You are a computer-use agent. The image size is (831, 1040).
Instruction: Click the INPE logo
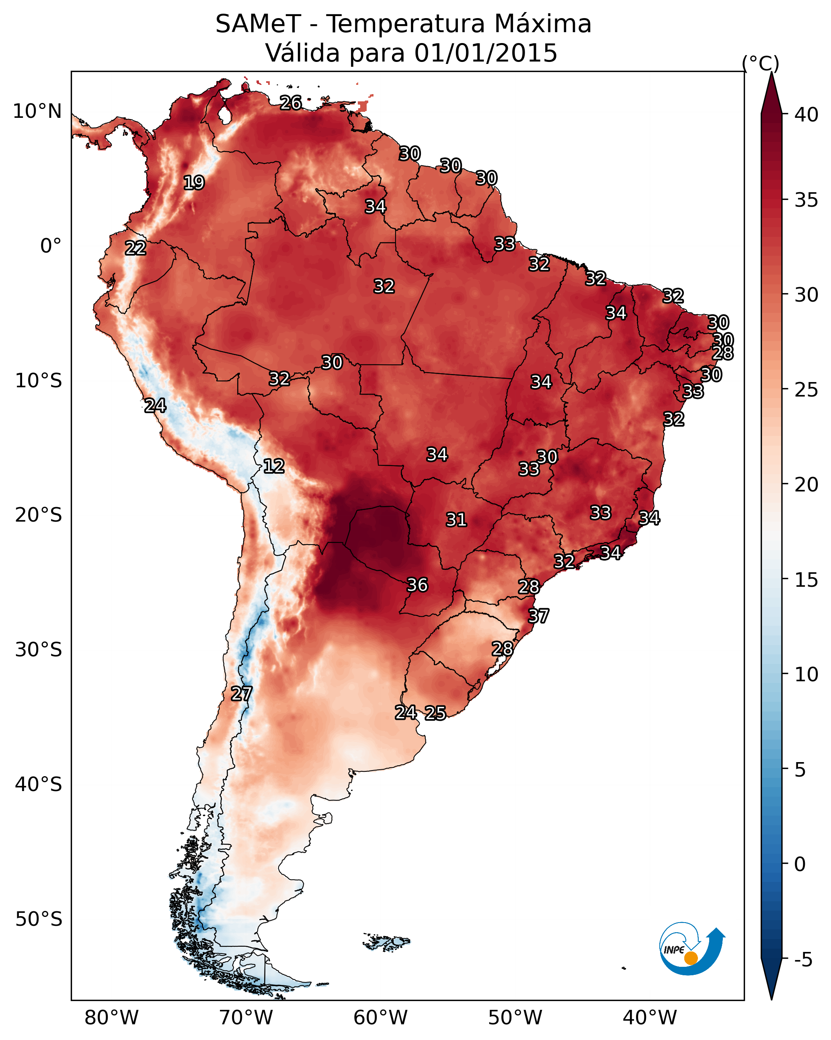(x=691, y=948)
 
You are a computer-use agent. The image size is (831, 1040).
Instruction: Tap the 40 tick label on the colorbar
(x=806, y=115)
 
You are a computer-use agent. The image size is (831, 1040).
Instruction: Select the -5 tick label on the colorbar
(x=803, y=960)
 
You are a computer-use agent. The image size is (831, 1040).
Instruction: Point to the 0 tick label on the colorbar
(x=800, y=864)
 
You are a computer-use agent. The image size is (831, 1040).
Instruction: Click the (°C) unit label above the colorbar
(x=760, y=63)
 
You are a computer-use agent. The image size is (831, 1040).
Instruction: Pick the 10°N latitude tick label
(x=37, y=111)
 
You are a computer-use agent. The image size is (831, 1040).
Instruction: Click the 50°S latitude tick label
(x=39, y=919)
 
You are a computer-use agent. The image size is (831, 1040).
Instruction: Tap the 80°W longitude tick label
(x=111, y=1017)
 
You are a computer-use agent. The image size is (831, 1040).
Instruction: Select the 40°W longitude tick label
(x=650, y=1017)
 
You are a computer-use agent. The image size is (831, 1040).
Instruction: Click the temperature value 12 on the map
(x=274, y=466)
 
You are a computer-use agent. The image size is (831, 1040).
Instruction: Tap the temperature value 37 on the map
(x=538, y=616)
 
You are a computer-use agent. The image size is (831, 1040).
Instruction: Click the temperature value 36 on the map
(x=417, y=585)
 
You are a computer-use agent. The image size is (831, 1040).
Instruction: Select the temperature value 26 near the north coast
(x=291, y=103)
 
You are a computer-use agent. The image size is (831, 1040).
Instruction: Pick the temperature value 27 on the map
(x=241, y=694)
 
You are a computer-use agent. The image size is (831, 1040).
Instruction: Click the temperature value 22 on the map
(x=135, y=248)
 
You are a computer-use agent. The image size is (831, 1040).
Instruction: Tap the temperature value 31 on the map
(x=456, y=520)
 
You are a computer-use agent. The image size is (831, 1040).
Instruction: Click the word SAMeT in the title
(x=258, y=24)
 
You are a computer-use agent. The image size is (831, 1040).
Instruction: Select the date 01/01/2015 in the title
(x=486, y=53)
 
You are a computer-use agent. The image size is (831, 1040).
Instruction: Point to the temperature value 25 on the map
(x=435, y=713)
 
